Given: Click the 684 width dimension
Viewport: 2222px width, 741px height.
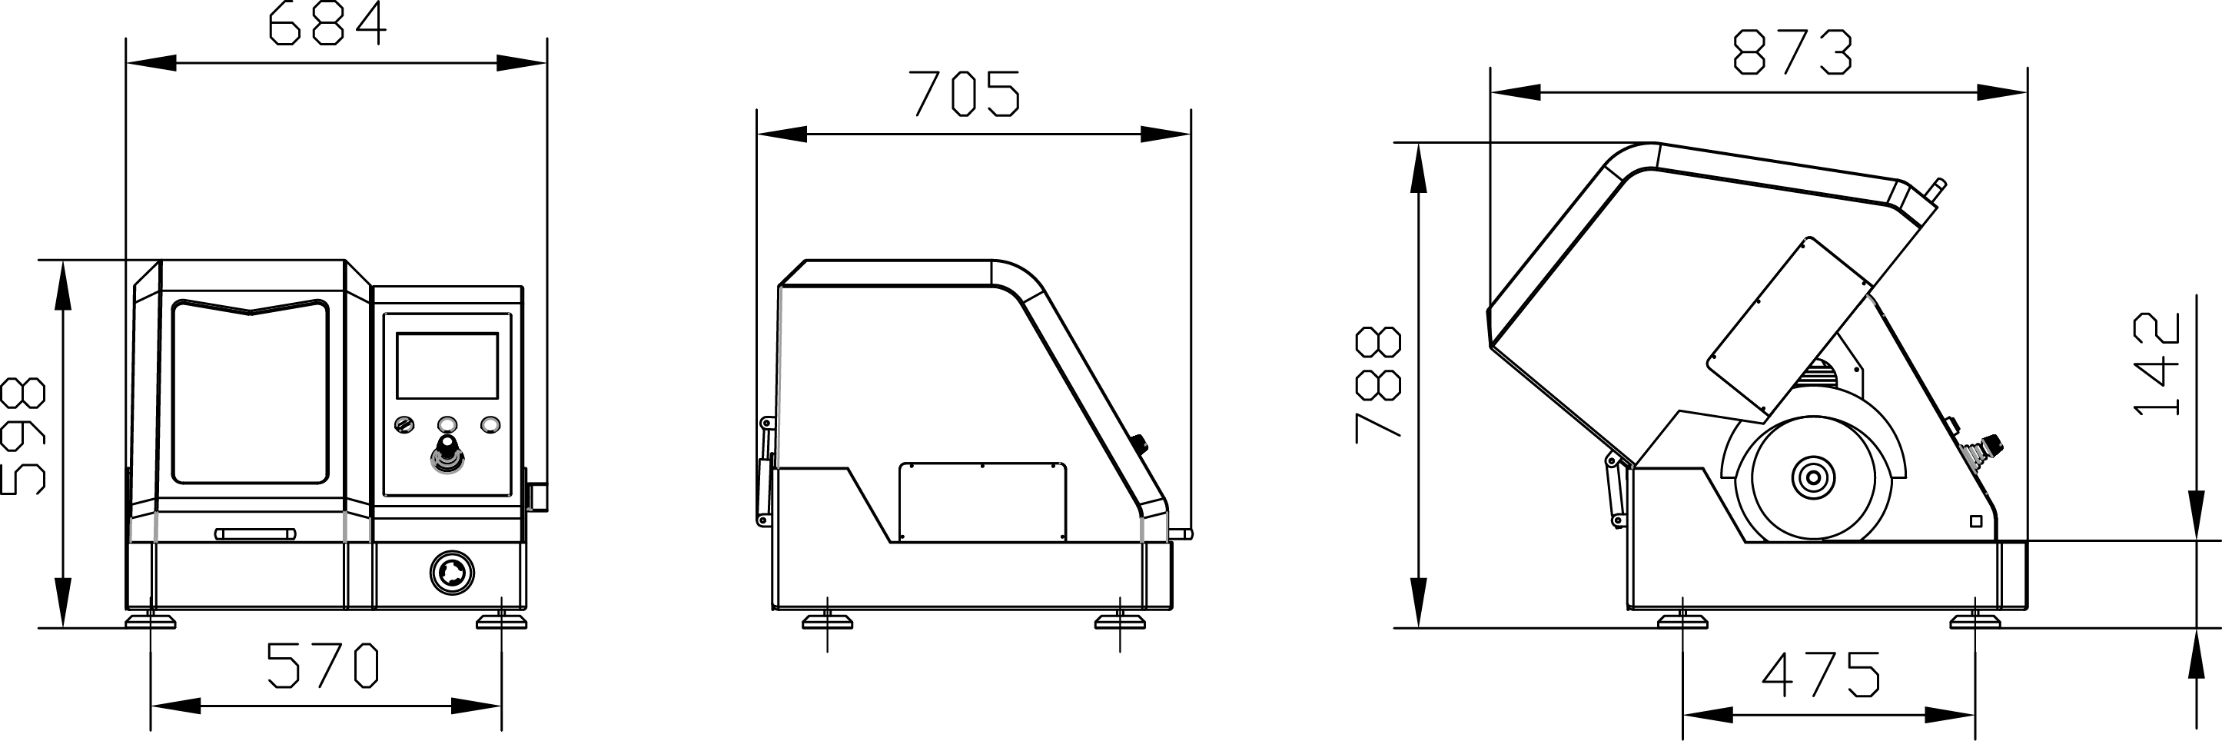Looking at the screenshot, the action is click(x=327, y=24).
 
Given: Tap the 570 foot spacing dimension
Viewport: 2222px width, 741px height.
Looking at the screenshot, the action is click(x=323, y=666).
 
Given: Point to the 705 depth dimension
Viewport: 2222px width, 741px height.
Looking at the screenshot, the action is click(x=965, y=93).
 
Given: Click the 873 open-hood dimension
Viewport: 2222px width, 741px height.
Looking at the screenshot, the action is click(x=1792, y=52).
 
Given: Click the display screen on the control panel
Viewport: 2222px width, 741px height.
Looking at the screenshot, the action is click(x=447, y=366).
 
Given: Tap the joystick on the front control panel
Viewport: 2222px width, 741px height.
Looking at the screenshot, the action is click(x=447, y=456).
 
